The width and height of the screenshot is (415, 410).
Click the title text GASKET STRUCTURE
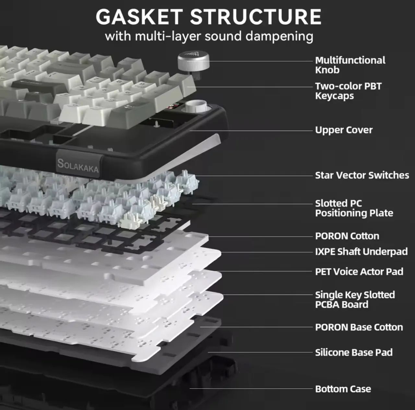[x=208, y=17]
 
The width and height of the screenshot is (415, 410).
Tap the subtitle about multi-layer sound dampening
[x=209, y=36]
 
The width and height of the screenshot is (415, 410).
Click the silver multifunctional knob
[x=193, y=62]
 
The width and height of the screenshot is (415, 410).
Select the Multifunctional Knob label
[x=350, y=65]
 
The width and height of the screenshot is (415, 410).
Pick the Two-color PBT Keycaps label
[x=348, y=91]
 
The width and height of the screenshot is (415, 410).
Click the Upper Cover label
[x=344, y=130]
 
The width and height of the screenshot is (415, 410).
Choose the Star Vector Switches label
[x=362, y=175]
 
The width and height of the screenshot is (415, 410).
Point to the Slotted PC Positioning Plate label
[x=354, y=208]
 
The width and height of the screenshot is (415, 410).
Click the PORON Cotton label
[x=347, y=236]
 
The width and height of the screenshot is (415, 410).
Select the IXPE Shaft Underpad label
[x=362, y=252]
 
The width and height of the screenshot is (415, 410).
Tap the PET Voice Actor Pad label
[x=359, y=271]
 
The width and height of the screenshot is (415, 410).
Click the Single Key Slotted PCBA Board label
[x=355, y=300]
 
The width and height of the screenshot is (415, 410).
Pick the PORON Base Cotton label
[x=359, y=327]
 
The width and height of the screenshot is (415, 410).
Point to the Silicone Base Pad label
[x=354, y=353]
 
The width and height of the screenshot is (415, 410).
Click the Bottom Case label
[x=343, y=389]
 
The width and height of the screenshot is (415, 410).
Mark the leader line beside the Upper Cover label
[x=251, y=131]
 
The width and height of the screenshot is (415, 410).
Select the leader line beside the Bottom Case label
[x=251, y=389]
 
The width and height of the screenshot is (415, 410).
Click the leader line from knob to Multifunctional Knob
[x=261, y=61]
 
